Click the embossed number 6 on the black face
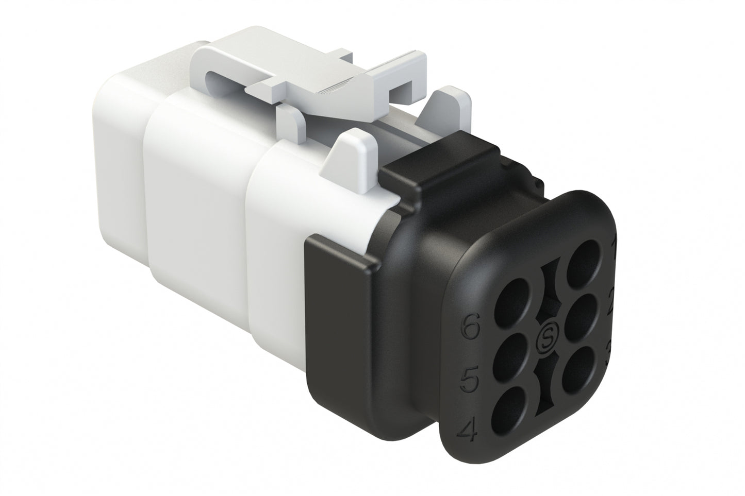471,327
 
